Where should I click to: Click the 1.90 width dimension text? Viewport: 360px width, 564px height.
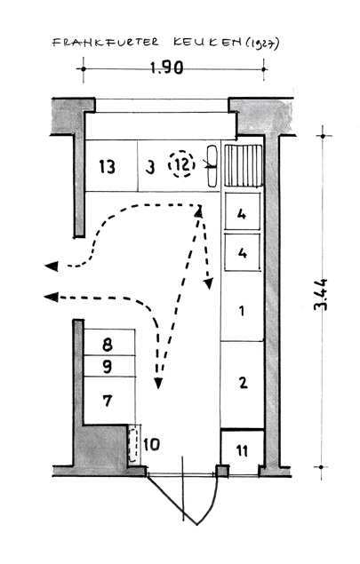point(167,68)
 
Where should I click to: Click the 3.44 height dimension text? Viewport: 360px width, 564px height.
point(320,294)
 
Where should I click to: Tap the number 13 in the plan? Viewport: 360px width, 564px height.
point(108,167)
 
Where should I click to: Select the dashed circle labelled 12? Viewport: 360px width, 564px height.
point(182,164)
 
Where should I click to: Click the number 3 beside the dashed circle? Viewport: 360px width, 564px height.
point(150,167)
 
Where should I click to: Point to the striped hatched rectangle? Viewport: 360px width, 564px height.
point(244,165)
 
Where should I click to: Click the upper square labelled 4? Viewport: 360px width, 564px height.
point(243,211)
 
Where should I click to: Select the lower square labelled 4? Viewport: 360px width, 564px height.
point(243,252)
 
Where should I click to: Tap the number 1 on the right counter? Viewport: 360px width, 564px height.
point(242,311)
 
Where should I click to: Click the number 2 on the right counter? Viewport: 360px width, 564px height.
point(244,382)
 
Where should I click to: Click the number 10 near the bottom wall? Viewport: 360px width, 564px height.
point(152,445)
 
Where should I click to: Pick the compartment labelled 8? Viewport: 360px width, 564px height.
point(109,342)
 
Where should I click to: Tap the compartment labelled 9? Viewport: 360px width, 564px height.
point(109,366)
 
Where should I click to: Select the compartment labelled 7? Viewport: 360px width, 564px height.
point(109,400)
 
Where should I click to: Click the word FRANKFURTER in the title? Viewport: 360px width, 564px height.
point(106,42)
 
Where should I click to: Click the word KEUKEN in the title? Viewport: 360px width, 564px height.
point(207,42)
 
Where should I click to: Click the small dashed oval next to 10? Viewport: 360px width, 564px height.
point(133,445)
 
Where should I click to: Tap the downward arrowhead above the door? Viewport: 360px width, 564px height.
point(157,384)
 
